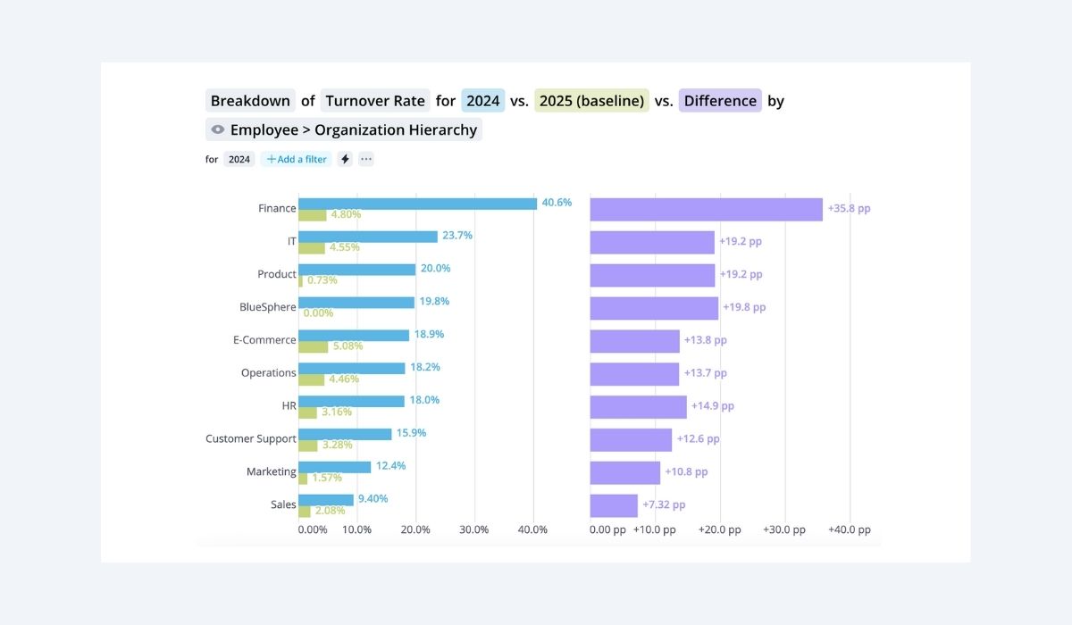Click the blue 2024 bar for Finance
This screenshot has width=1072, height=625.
click(x=417, y=204)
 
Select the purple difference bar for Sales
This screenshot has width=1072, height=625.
click(x=614, y=505)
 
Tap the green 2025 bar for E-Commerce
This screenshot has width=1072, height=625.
click(x=313, y=346)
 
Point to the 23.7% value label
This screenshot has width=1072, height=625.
click(x=457, y=236)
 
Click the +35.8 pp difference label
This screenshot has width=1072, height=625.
click(x=849, y=208)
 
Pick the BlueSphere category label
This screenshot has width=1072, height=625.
click(x=267, y=307)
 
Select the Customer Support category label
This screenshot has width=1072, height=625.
click(x=250, y=438)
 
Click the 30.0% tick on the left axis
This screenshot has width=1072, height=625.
click(x=473, y=529)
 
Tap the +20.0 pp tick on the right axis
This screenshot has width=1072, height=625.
click(x=719, y=529)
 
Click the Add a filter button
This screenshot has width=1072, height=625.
click(x=296, y=159)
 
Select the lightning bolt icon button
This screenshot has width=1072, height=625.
click(x=346, y=159)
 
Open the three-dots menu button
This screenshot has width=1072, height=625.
click(x=366, y=159)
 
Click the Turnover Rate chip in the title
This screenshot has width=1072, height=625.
click(x=375, y=101)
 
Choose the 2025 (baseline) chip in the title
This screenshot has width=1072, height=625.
click(x=591, y=101)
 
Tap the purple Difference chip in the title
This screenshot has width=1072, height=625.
click(x=720, y=101)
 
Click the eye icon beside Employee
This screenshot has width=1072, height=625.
click(x=217, y=129)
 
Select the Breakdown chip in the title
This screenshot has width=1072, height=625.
click(x=250, y=101)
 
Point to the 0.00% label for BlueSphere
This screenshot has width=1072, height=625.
click(x=318, y=313)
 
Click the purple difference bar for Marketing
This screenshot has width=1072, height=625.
click(x=624, y=472)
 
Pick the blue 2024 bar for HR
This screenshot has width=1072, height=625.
click(x=351, y=401)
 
